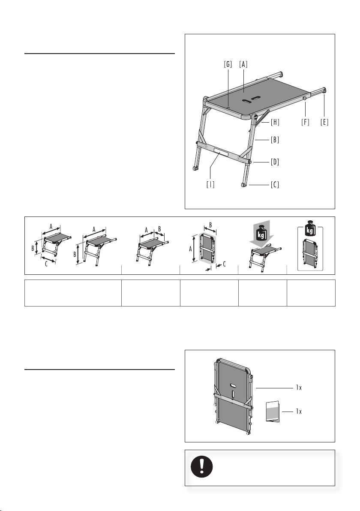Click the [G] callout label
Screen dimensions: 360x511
(x=228, y=64)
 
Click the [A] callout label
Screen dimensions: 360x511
(x=243, y=64)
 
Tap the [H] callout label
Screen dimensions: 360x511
(x=275, y=122)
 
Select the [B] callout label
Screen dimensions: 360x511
(x=275, y=140)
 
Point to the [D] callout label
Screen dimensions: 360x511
(x=275, y=162)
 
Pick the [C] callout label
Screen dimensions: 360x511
(x=275, y=185)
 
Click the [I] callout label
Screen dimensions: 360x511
(x=210, y=184)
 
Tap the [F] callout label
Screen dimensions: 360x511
(x=305, y=122)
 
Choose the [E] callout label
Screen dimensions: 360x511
(x=324, y=122)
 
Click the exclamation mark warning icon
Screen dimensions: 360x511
(x=202, y=466)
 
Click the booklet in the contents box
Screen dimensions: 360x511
(x=273, y=412)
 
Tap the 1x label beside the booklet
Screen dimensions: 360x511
(x=299, y=412)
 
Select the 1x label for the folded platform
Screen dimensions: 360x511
(x=299, y=388)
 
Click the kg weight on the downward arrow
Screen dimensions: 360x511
(x=261, y=233)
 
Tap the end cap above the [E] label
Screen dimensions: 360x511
(x=324, y=90)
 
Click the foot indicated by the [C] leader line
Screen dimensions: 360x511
(x=244, y=185)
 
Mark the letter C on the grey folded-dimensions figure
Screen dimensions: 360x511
(x=225, y=265)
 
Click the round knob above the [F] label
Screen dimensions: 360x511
(x=305, y=98)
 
